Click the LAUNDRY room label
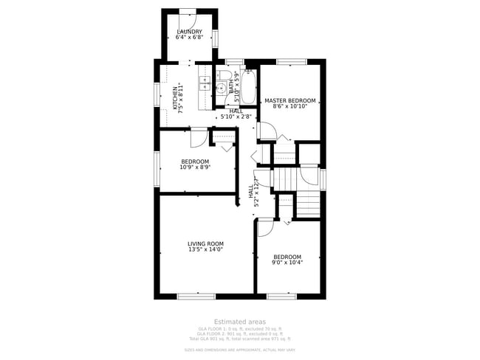tap(190, 32)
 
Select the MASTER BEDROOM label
tap(290, 100)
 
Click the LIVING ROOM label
tap(205, 243)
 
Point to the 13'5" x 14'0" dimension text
tap(205, 250)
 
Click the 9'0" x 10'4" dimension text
tap(287, 263)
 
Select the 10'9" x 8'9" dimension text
tap(195, 167)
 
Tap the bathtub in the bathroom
tap(248, 88)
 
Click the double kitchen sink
tap(204, 83)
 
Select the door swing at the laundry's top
tap(187, 16)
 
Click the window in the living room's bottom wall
tap(196, 297)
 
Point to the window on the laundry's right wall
tap(215, 38)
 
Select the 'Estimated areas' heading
tap(239, 322)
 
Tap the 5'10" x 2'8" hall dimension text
tap(236, 117)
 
